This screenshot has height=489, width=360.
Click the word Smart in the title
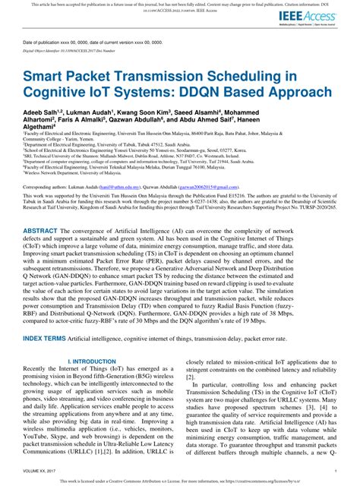[x=47, y=77]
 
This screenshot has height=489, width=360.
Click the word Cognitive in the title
[x=69, y=94]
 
